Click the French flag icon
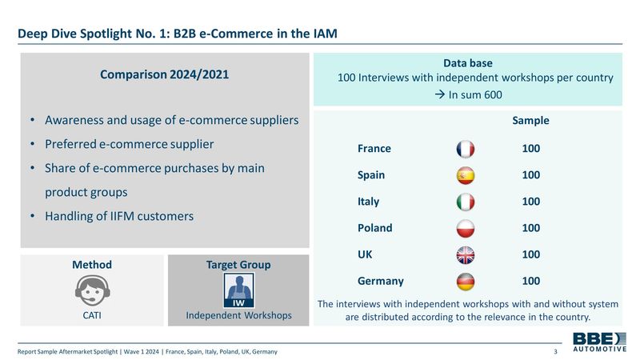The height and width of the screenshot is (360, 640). click(466, 149)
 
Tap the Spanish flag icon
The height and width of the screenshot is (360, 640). click(466, 175)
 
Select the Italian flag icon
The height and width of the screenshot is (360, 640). click(466, 202)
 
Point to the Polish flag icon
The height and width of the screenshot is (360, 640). click(466, 229)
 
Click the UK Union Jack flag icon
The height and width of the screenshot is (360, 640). click(466, 255)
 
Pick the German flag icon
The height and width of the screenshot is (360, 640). click(466, 282)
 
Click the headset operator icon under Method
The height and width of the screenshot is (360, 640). click(92, 290)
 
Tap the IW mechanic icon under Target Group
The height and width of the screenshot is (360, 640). click(238, 290)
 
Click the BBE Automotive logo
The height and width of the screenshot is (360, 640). click(599, 342)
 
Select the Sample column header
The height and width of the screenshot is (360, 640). click(530, 121)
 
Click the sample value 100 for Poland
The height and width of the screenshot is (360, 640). click(531, 228)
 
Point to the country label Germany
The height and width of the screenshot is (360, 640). click(381, 282)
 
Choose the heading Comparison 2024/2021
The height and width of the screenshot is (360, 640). click(165, 74)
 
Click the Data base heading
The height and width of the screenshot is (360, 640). click(468, 63)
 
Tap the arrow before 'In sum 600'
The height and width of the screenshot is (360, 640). click(439, 94)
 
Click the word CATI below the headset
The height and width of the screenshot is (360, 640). click(92, 315)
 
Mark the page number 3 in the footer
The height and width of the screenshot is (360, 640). click(555, 351)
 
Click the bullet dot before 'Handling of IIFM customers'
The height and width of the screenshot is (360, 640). click(32, 215)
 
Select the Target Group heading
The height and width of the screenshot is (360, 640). click(238, 265)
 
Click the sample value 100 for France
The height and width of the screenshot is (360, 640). click(531, 148)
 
